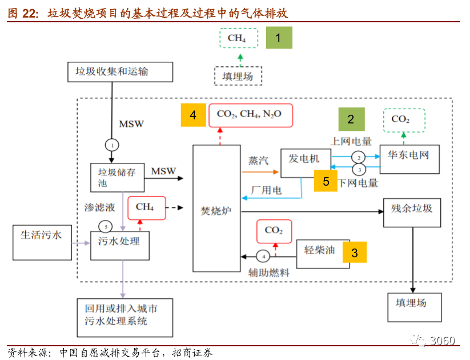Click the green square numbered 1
[x=278, y=38]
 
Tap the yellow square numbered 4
[x=194, y=115]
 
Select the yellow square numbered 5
[x=326, y=181]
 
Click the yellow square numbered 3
[x=355, y=252]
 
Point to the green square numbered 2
[x=351, y=119]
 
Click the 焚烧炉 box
[x=216, y=208]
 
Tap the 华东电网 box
[x=409, y=159]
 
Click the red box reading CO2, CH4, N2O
[x=251, y=115]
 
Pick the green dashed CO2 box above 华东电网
[x=404, y=119]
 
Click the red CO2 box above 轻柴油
[x=274, y=230]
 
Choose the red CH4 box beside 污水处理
[x=144, y=207]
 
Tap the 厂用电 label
[x=266, y=190]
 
